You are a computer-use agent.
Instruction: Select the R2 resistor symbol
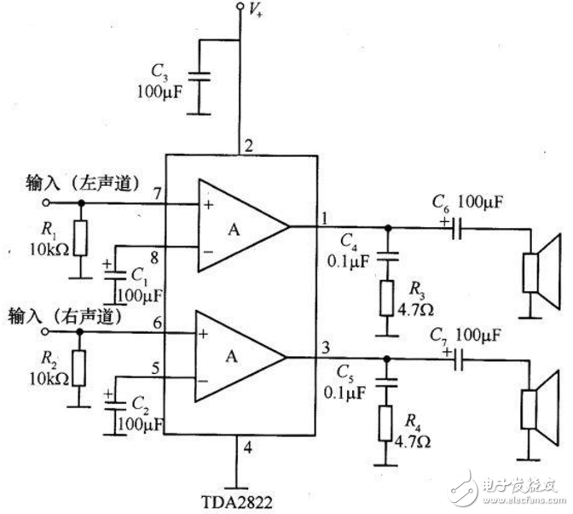coord(80,368)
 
